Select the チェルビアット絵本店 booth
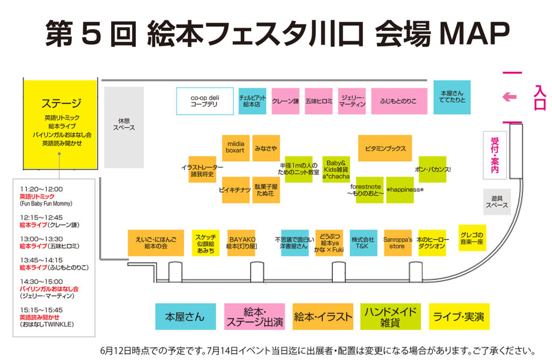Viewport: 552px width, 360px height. [252, 101]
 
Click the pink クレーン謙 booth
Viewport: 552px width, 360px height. [285, 101]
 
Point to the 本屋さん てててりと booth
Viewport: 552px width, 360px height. [452, 97]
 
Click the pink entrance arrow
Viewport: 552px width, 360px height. [509, 97]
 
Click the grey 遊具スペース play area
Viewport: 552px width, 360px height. [496, 202]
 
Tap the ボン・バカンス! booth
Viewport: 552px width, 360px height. [433, 169]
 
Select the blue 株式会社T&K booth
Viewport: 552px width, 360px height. [363, 243]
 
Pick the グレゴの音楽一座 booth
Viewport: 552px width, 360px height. [472, 238]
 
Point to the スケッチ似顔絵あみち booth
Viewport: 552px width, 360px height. [205, 243]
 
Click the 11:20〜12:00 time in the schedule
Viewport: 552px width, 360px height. [42, 189]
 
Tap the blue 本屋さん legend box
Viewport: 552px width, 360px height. [185, 317]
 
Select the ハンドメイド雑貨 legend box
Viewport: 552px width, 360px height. [390, 317]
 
